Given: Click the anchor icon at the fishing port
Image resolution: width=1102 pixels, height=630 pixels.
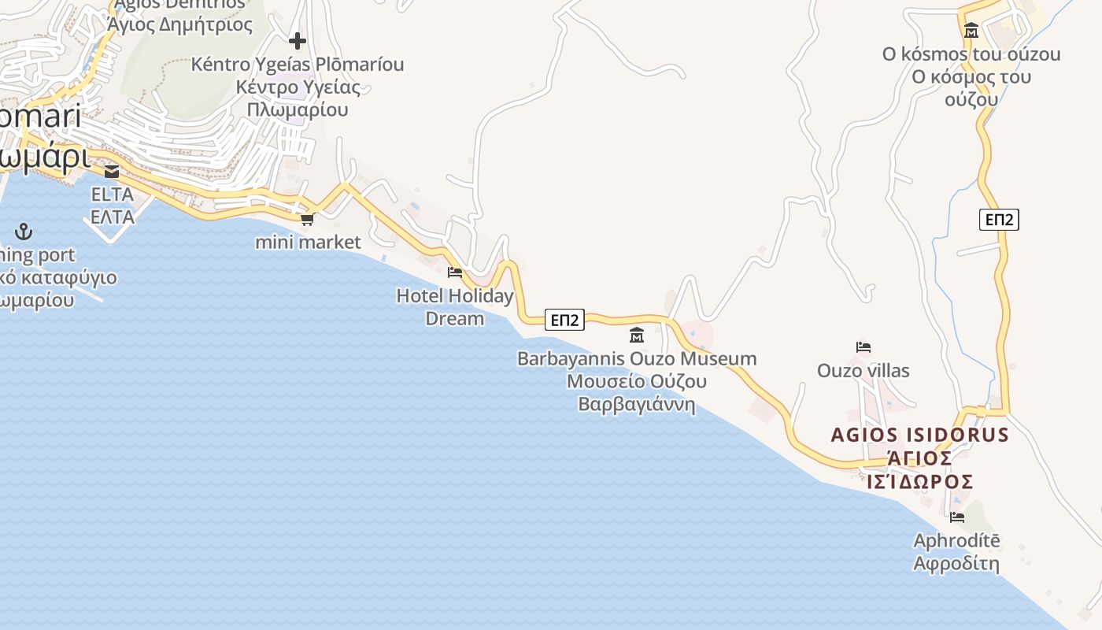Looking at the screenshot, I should tap(24, 232).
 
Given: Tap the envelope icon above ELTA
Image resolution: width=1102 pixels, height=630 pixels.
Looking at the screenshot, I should tap(112, 172).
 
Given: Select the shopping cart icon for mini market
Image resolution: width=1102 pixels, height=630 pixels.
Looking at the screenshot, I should tap(308, 219).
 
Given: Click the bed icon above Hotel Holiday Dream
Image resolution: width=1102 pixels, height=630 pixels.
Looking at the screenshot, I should tap(455, 272).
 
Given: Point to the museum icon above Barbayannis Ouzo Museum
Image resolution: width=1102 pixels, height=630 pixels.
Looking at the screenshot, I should tap(637, 335).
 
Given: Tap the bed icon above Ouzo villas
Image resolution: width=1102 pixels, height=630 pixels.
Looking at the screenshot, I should tap(863, 347).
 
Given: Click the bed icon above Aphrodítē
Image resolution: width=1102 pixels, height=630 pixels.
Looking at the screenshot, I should tap(957, 517).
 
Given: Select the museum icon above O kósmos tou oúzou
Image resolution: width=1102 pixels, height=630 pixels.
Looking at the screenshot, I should tap(971, 31).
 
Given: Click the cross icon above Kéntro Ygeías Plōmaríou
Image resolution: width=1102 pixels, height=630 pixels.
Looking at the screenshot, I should tap(298, 40).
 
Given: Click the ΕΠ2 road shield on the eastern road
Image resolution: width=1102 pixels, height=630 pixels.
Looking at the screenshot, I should tap(1000, 220).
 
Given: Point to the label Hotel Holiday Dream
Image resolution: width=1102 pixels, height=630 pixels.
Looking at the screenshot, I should tap(455, 307).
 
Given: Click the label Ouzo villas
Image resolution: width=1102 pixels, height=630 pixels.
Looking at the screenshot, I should tap(863, 370).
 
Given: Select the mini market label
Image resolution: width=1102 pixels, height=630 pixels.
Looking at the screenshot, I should tap(308, 242).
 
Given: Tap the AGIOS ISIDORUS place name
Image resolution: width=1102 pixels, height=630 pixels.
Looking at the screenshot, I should tap(920, 435).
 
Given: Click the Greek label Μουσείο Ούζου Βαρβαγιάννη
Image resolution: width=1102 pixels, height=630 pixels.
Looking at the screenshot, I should tap(637, 393).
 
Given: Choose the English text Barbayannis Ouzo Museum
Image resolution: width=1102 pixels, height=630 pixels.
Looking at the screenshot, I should tap(637, 359).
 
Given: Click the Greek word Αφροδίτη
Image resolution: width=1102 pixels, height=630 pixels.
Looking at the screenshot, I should tap(956, 564).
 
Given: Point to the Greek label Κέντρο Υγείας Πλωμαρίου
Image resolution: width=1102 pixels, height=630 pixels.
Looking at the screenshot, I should tap(298, 98).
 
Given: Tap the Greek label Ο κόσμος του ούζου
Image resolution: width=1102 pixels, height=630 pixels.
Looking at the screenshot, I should tap(971, 88).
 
